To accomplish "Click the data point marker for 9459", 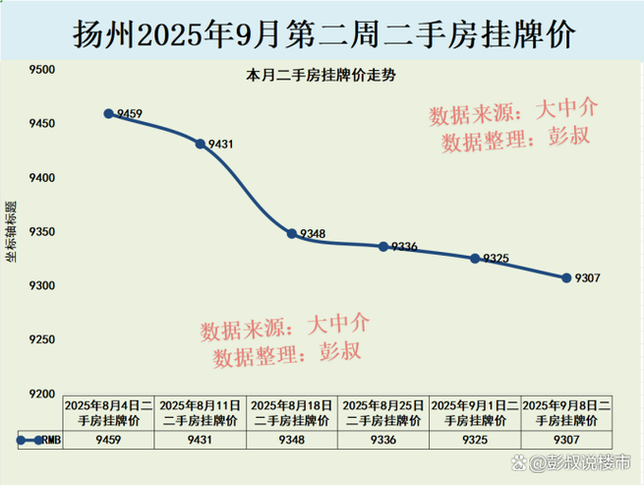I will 108,114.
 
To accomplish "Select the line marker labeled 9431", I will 201,144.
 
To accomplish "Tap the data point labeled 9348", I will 292,234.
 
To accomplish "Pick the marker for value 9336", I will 383,246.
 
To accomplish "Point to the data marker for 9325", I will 475,258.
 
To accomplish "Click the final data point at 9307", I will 566,277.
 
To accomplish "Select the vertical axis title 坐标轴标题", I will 13,232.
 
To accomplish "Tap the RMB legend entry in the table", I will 37,441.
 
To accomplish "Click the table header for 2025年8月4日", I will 108,412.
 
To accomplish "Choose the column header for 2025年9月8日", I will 566,412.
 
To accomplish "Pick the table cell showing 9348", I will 292,441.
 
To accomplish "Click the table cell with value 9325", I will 475,441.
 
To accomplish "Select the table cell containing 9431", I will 201,441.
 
